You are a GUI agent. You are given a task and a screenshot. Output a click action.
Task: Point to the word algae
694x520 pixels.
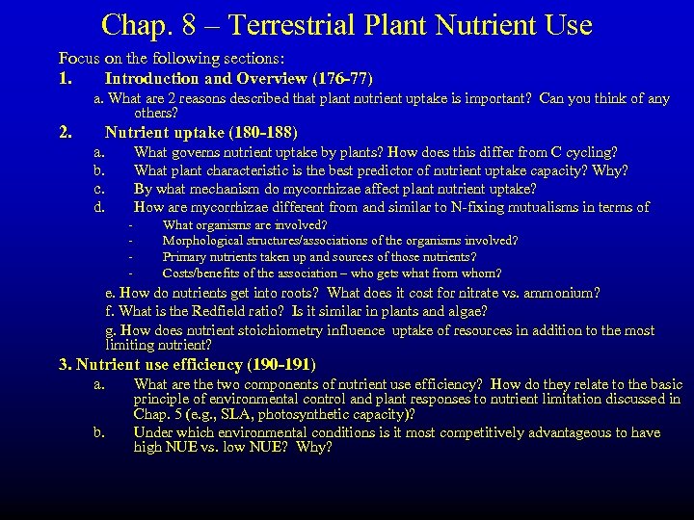[x=462, y=311]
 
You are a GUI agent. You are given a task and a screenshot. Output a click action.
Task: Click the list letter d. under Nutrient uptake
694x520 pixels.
[x=98, y=207]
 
